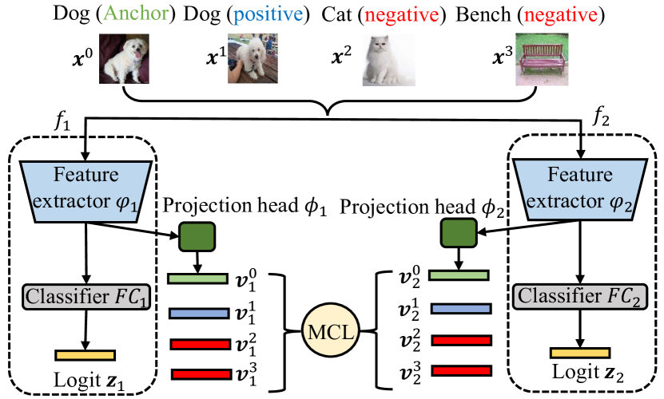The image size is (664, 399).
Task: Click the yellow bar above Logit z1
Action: point(85,354)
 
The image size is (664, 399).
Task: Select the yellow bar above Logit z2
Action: point(580,352)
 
